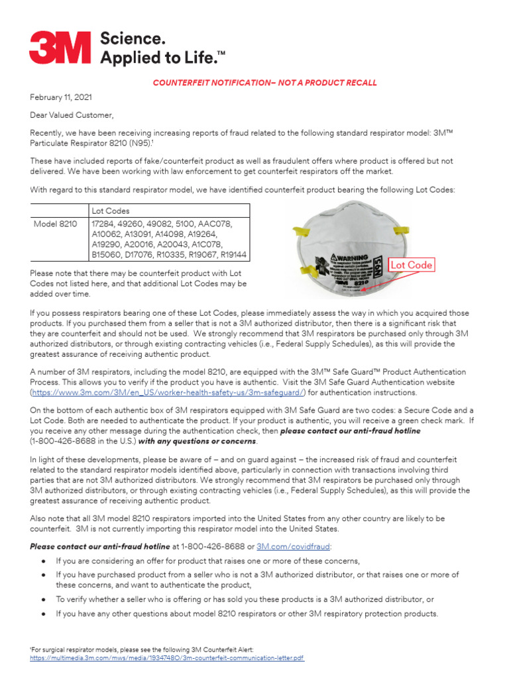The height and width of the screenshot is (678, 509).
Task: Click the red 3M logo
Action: tap(61, 47)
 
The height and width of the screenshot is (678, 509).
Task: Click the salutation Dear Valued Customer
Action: tap(72, 115)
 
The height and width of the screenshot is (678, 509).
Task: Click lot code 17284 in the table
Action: tap(104, 224)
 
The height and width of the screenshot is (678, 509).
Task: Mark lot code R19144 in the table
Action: tap(232, 254)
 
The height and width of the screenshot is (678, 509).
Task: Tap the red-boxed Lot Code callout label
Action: tap(412, 265)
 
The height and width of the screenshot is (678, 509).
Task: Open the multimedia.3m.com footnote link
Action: tap(167, 658)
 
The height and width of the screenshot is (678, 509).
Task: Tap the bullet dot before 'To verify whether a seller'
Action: tap(42, 599)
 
